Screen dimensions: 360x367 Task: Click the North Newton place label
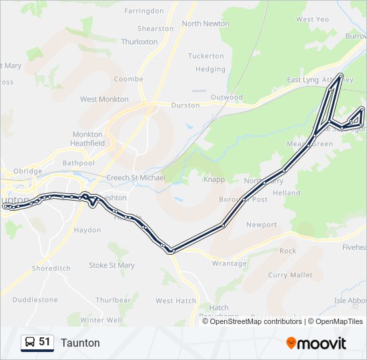206,23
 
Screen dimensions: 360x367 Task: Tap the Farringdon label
143,11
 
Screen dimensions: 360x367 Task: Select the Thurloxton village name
139,41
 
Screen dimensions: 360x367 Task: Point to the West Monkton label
104,99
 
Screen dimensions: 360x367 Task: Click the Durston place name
186,105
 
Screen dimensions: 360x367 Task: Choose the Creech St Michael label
136,179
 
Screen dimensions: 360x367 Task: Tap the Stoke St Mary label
111,265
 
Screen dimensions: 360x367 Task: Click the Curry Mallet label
290,275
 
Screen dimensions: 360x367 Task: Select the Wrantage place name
229,263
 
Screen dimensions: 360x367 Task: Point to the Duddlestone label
35,300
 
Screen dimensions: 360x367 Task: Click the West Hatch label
175,301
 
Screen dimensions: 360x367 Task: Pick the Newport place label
262,225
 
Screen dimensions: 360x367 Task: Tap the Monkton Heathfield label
88,138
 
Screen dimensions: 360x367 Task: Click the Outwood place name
227,97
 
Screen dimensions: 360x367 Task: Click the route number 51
45,342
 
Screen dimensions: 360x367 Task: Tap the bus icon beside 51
30,343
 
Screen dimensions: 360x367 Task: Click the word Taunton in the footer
80,343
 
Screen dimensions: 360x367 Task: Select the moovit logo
316,343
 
